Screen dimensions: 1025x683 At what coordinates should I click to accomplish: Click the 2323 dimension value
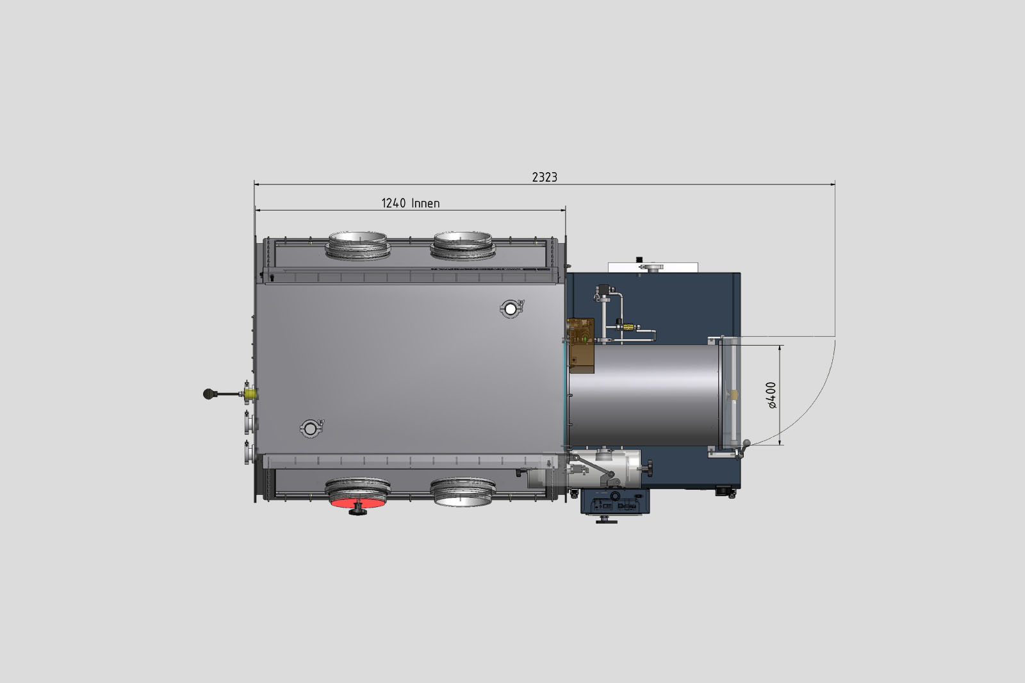(545, 177)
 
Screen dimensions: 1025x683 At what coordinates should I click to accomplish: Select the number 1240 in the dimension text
(393, 203)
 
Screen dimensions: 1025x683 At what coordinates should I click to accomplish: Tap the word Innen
(425, 203)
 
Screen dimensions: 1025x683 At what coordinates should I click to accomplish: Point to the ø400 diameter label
(771, 395)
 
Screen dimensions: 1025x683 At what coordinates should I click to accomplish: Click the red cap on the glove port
(358, 503)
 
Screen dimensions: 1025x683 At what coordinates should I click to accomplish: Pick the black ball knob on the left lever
(209, 394)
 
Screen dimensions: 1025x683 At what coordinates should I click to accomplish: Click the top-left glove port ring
(358, 246)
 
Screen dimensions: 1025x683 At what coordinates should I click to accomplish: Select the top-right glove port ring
(463, 246)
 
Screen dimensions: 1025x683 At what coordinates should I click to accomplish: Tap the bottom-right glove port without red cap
(463, 492)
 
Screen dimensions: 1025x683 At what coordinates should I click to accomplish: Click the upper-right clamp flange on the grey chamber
(511, 309)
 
